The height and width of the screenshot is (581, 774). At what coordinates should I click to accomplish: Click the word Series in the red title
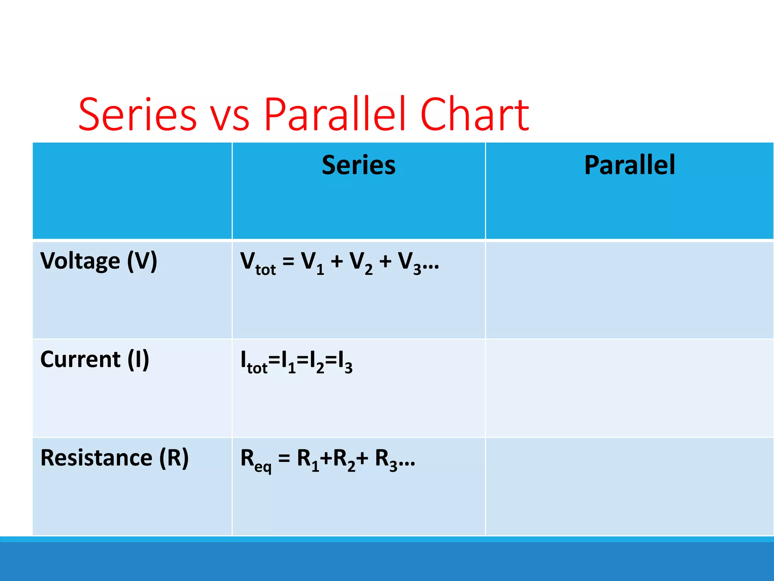pyautogui.click(x=138, y=115)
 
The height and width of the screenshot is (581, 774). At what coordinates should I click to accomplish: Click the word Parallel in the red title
pyautogui.click(x=334, y=115)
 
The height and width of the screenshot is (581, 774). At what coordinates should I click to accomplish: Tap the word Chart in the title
pyautogui.click(x=474, y=115)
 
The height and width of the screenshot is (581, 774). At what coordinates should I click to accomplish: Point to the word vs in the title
pyautogui.click(x=229, y=117)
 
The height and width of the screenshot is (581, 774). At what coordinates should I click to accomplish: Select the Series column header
pyautogui.click(x=358, y=165)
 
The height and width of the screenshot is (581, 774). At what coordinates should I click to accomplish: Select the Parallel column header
pyautogui.click(x=629, y=165)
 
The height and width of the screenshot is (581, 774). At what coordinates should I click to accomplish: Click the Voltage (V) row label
pyautogui.click(x=99, y=261)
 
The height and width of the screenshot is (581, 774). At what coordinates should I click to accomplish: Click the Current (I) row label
pyautogui.click(x=94, y=359)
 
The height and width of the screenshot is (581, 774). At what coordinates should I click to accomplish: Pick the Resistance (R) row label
pyautogui.click(x=115, y=458)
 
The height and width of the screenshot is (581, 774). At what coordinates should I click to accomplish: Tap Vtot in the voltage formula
pyautogui.click(x=258, y=263)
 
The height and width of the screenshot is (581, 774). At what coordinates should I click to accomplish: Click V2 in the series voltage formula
pyautogui.click(x=361, y=263)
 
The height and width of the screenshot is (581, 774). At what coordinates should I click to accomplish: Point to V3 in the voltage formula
pyautogui.click(x=410, y=263)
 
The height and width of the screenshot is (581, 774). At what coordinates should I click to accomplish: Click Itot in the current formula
pyautogui.click(x=254, y=362)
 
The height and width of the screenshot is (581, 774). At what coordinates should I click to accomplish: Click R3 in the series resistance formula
pyautogui.click(x=386, y=460)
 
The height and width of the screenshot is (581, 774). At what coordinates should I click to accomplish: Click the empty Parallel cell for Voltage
pyautogui.click(x=629, y=290)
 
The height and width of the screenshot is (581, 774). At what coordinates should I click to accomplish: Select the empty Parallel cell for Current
pyautogui.click(x=629, y=388)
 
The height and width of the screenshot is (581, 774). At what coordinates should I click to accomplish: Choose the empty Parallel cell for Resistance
pyautogui.click(x=629, y=486)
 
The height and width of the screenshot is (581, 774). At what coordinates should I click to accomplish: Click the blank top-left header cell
pyautogui.click(x=132, y=191)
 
